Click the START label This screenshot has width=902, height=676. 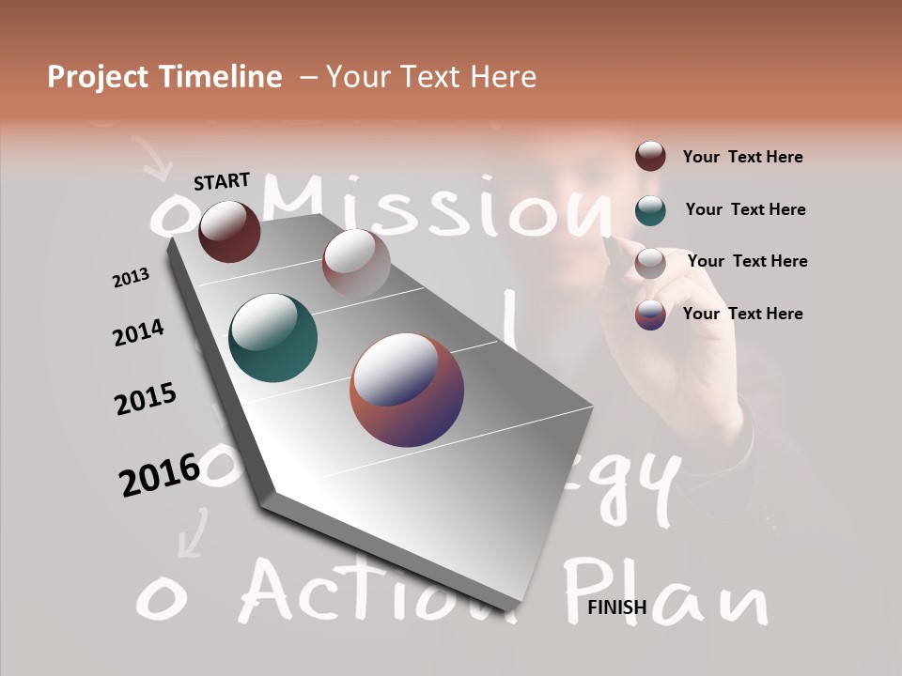pos(222,181)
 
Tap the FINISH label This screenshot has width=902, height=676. pos(617,607)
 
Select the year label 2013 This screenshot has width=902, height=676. pos(132,277)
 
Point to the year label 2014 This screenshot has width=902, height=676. pos(138,332)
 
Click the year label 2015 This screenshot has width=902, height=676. pos(146,399)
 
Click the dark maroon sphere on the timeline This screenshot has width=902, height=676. pos(229,231)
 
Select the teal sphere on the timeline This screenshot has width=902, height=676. pos(272,338)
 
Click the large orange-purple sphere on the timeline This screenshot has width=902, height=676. pos(407,390)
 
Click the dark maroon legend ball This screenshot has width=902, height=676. pos(650,157)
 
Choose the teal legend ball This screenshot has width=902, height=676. pos(650,209)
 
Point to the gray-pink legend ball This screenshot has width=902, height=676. pos(650,262)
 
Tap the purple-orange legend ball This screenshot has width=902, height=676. pos(650,315)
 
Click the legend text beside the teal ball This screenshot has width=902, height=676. pos(745,209)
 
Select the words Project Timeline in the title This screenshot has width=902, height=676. pos(164,77)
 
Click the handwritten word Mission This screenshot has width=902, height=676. pos(442,207)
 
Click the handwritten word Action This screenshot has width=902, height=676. pos(376,591)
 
